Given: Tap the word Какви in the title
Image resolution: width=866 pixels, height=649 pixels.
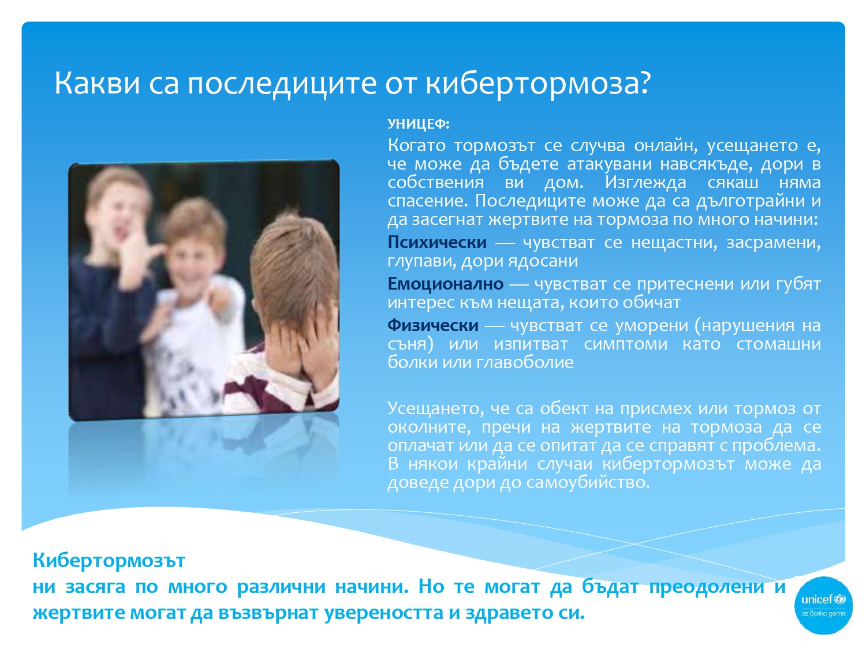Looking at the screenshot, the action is (x=97, y=83).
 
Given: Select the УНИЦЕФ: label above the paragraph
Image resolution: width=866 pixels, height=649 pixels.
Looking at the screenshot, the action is (x=418, y=124).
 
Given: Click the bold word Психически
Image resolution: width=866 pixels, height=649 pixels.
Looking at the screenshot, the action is (x=436, y=242).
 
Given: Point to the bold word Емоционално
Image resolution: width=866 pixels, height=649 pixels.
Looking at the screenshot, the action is (x=445, y=284).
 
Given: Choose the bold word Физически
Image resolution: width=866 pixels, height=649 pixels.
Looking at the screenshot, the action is (x=432, y=325).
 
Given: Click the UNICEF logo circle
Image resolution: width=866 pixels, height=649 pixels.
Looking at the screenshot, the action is (x=823, y=605).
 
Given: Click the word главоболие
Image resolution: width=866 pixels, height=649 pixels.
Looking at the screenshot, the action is (x=525, y=362).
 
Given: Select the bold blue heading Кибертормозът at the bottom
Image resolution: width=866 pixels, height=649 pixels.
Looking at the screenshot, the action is (x=109, y=560).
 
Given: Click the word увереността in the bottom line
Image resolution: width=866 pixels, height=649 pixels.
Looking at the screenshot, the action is (x=383, y=613).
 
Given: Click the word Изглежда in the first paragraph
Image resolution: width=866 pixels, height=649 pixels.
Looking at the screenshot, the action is (x=645, y=183).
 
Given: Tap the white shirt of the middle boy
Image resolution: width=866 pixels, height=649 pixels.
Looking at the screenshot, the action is (x=189, y=347).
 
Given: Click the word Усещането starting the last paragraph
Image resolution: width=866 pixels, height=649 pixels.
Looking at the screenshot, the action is (x=435, y=408).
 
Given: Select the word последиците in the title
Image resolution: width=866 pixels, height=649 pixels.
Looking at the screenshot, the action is (x=281, y=84).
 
